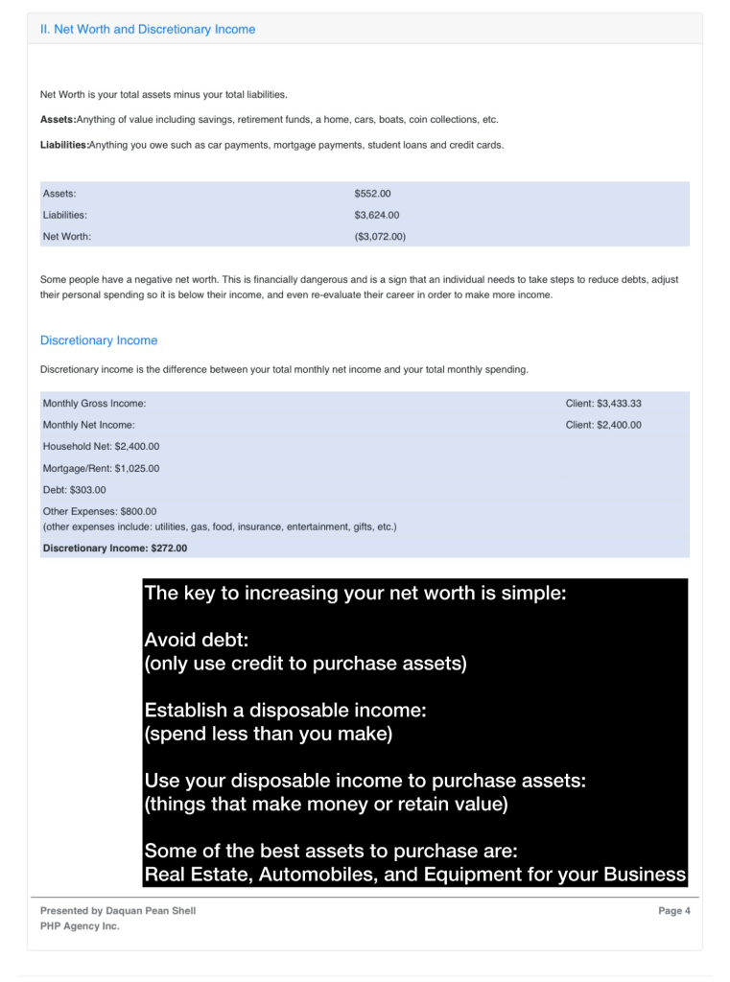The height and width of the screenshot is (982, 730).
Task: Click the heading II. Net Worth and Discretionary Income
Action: tap(148, 30)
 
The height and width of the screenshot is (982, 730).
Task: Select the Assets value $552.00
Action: tap(372, 194)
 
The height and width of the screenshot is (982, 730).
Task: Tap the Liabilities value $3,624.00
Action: tap(377, 215)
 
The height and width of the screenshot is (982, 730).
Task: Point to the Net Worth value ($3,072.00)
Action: tap(380, 236)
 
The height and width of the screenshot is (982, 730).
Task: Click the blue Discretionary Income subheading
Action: tap(99, 340)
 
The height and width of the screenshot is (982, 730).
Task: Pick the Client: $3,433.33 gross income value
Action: tap(603, 404)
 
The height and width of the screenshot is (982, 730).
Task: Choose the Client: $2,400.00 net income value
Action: tap(603, 425)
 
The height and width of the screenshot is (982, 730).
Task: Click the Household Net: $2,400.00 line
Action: tap(101, 446)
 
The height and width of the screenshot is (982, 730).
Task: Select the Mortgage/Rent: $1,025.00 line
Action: tap(101, 468)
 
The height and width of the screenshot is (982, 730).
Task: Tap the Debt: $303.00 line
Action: tap(74, 489)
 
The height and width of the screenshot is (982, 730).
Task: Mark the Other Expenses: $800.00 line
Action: tap(99, 511)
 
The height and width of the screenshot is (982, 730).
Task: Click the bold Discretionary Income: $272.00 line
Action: tap(114, 549)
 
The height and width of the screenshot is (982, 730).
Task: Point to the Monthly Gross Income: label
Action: tap(94, 404)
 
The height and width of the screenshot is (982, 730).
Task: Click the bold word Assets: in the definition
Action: tap(58, 120)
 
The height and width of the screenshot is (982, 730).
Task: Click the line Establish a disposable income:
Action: tap(285, 711)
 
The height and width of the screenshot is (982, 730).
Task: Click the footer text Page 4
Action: tap(673, 911)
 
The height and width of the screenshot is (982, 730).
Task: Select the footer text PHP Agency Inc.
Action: tap(80, 926)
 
